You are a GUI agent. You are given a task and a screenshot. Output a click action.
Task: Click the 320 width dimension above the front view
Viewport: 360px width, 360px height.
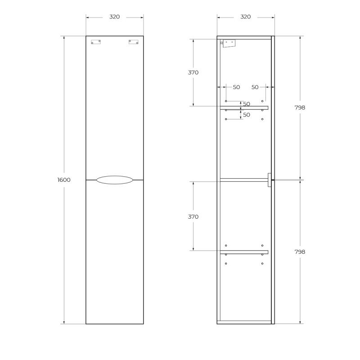tap(114, 17)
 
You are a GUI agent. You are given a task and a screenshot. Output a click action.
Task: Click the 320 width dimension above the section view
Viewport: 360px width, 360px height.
tap(245, 17)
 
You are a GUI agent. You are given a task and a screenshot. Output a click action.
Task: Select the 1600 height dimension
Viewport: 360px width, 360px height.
tap(64, 180)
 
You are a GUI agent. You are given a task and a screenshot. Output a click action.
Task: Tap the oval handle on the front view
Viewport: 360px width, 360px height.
tap(114, 180)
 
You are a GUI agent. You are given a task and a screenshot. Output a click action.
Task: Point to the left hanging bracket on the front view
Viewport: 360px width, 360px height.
tap(96, 42)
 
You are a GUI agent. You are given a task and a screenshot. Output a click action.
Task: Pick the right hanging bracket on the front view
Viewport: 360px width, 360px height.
tap(133, 42)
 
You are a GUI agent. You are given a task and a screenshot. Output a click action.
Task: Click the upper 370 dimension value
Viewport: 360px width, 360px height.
tap(193, 72)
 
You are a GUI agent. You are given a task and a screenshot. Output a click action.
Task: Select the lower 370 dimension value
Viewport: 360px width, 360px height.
tap(193, 217)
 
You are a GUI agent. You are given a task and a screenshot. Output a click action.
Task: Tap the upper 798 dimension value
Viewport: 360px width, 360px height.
tap(299, 108)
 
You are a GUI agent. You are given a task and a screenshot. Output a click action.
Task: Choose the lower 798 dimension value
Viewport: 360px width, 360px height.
tap(299, 252)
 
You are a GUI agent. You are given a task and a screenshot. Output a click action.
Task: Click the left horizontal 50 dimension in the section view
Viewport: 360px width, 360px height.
tap(236, 87)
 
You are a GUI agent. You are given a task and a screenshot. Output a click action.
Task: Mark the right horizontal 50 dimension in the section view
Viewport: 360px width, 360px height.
tap(255, 87)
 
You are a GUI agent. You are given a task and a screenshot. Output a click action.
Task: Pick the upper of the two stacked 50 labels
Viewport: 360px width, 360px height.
tap(247, 104)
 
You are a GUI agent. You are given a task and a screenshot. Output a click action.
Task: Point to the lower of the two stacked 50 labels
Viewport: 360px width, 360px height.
tap(247, 115)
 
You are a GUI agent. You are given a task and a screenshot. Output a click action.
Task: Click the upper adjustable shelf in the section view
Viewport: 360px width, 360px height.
tap(244, 108)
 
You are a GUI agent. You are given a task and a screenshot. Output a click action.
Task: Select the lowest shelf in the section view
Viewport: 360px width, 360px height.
tap(244, 252)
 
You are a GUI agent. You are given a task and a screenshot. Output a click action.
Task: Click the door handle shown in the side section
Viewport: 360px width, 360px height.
tap(269, 180)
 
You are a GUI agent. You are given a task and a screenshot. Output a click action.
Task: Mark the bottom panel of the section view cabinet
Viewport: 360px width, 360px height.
tap(244, 322)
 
